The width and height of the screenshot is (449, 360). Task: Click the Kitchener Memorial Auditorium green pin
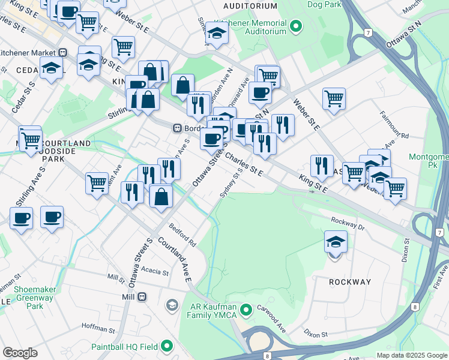click(295, 26)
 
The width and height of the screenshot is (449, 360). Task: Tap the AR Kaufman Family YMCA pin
click(245, 310)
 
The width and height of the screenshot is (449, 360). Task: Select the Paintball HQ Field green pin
click(166, 346)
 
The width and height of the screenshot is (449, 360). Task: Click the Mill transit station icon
click(143, 296)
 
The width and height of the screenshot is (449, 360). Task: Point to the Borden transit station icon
click(177, 128)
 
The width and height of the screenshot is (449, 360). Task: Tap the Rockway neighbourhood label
click(349, 282)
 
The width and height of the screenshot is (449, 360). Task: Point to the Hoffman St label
click(98, 329)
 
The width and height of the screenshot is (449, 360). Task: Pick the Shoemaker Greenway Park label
click(35, 298)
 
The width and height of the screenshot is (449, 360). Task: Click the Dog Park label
click(324, 4)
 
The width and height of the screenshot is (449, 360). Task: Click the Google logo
click(20, 352)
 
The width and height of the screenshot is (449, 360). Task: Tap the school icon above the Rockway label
click(336, 242)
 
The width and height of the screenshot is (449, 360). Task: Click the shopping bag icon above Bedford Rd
click(161, 196)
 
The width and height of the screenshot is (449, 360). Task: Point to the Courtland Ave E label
click(175, 260)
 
